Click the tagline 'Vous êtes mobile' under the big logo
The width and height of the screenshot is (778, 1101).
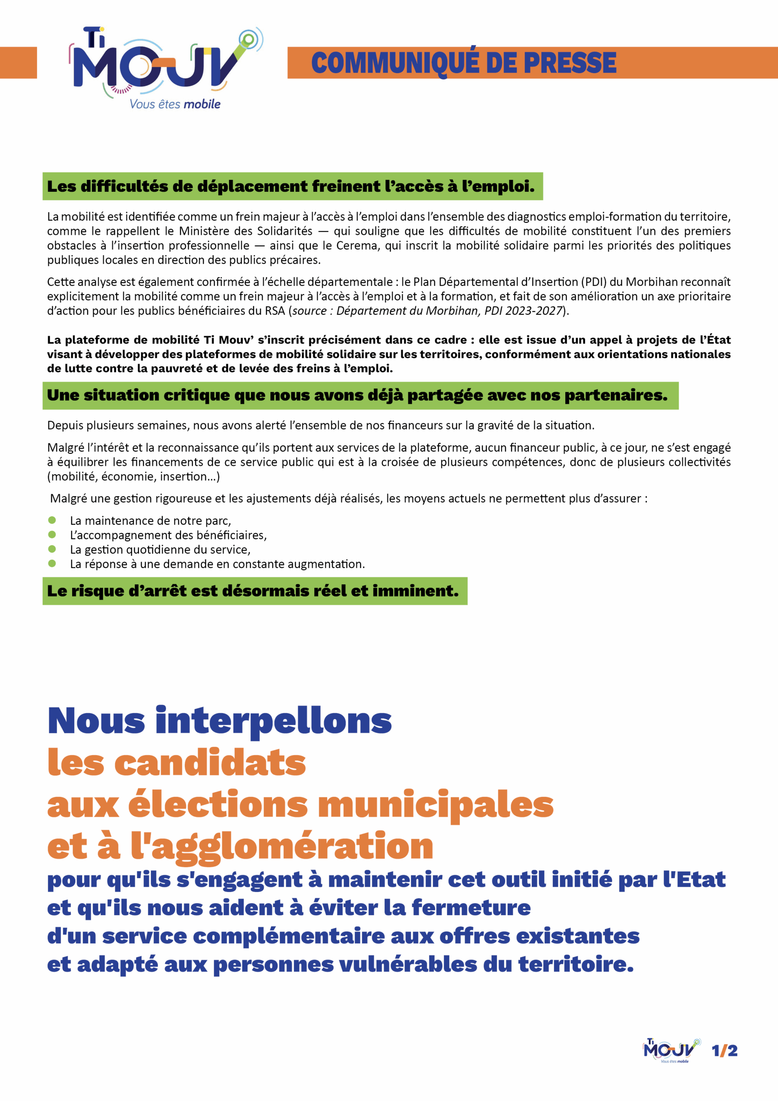click(175, 104)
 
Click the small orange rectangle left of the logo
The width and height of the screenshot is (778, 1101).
click(18, 62)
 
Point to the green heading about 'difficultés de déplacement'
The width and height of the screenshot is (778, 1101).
click(292, 186)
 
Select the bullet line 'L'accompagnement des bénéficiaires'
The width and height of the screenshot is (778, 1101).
click(168, 535)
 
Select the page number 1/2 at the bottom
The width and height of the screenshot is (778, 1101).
click(724, 1051)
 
